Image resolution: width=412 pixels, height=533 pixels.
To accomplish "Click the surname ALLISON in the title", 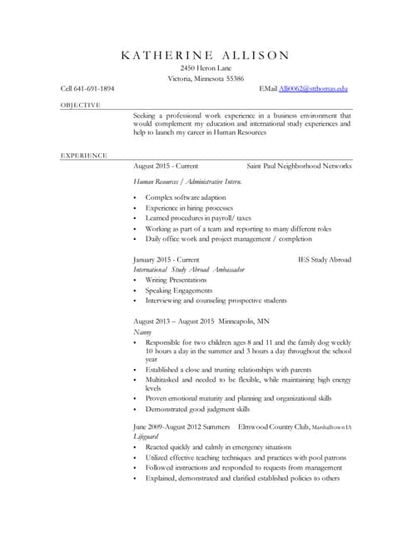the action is [249, 56].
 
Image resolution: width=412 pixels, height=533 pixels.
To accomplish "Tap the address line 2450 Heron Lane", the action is [206, 67].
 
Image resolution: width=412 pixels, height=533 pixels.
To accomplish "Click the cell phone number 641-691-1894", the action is [95, 88].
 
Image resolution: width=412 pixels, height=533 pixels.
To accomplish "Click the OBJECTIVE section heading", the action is [81, 105].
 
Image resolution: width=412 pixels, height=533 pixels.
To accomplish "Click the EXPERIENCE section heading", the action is [83, 156].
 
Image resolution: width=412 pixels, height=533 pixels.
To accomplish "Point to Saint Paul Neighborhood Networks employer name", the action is [300, 166].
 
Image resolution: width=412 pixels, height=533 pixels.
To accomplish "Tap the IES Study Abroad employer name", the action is [325, 260].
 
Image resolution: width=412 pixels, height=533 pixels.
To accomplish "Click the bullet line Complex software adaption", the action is [185, 197].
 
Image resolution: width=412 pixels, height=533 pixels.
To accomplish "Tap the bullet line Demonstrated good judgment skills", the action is [197, 409].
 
